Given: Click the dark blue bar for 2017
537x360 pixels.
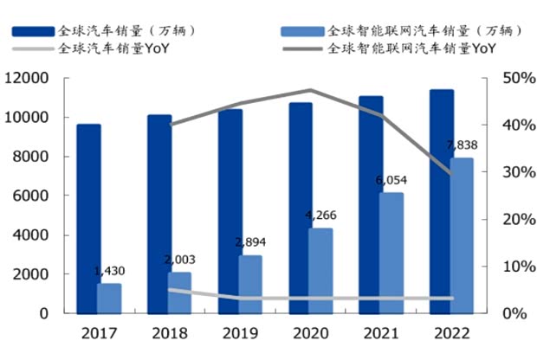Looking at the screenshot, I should (x=88, y=218).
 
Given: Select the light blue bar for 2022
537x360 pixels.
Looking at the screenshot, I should (x=462, y=235).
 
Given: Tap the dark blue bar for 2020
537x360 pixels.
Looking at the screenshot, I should (x=301, y=208).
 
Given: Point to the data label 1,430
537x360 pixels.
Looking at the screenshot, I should (x=109, y=272).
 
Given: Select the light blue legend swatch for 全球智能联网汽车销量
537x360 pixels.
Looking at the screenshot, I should (x=302, y=31).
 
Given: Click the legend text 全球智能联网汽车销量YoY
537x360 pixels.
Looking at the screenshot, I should (x=411, y=49).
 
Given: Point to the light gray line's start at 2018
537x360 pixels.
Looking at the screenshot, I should (x=170, y=290).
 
